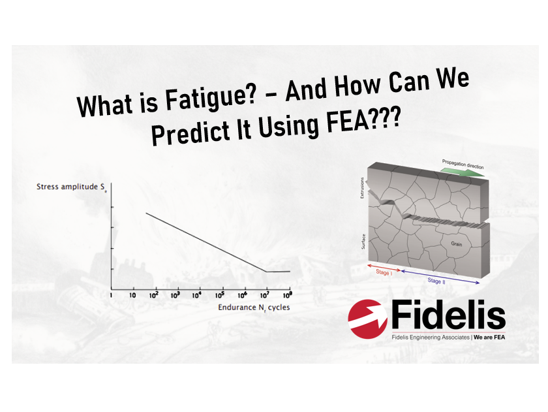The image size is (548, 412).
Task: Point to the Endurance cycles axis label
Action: coord(254,308)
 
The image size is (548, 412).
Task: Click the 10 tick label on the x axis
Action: coord(132,296)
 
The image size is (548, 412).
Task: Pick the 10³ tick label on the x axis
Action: coord(175,295)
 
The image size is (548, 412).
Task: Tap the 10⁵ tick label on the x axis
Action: coord(220,295)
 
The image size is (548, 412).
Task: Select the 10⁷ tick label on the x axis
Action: coord(265,295)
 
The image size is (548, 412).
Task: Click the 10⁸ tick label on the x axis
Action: coord(287,295)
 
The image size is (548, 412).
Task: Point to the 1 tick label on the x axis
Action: coord(111,296)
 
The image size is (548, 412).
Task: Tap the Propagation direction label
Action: coord(463,164)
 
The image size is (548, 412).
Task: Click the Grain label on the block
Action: coord(457,244)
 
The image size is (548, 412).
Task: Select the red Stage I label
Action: coord(384,272)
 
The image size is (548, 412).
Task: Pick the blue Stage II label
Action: coord(436,281)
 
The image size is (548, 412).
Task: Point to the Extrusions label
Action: coord(362,188)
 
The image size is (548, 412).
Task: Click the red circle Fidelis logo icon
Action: coord(368,319)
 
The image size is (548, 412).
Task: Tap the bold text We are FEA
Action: coord(489,337)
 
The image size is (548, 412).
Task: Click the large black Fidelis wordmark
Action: coord(448,315)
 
